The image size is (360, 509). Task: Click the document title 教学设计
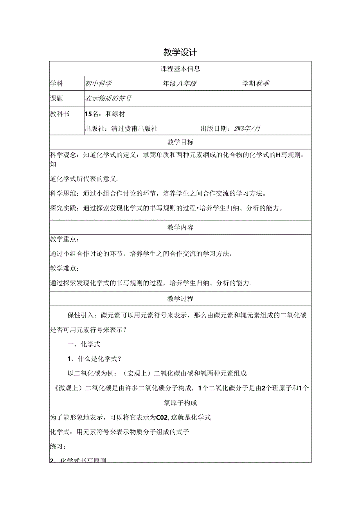click(x=180, y=53)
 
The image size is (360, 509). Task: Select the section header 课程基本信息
click(x=180, y=68)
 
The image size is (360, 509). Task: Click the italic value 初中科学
click(x=98, y=83)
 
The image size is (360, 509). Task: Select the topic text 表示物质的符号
click(x=108, y=99)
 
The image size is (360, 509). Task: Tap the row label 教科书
click(x=60, y=114)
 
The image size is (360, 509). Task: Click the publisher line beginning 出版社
click(x=121, y=128)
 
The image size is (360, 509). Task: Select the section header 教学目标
click(x=180, y=142)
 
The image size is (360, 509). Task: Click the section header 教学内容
click(x=180, y=227)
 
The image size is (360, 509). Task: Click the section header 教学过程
click(x=180, y=299)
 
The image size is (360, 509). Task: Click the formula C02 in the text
click(x=162, y=417)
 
